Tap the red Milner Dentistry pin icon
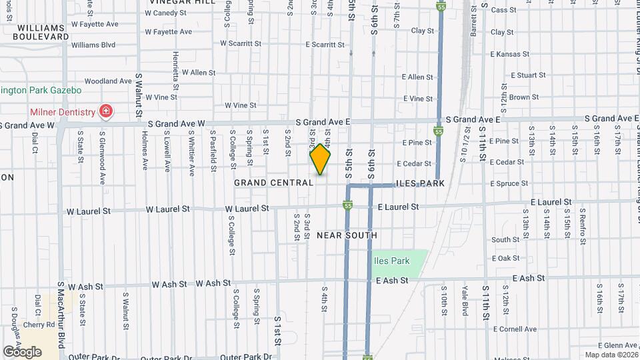pos(105,111)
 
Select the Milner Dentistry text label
pos(62,112)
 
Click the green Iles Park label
pos(392,261)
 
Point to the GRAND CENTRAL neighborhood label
pos(273,182)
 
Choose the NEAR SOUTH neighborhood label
pos(347,235)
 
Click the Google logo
pos(22,351)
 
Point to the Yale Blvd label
pos(465,297)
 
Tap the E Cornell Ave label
pos(515,329)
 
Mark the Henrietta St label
pos(176,69)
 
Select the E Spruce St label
pos(509,183)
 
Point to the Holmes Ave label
pos(145,149)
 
